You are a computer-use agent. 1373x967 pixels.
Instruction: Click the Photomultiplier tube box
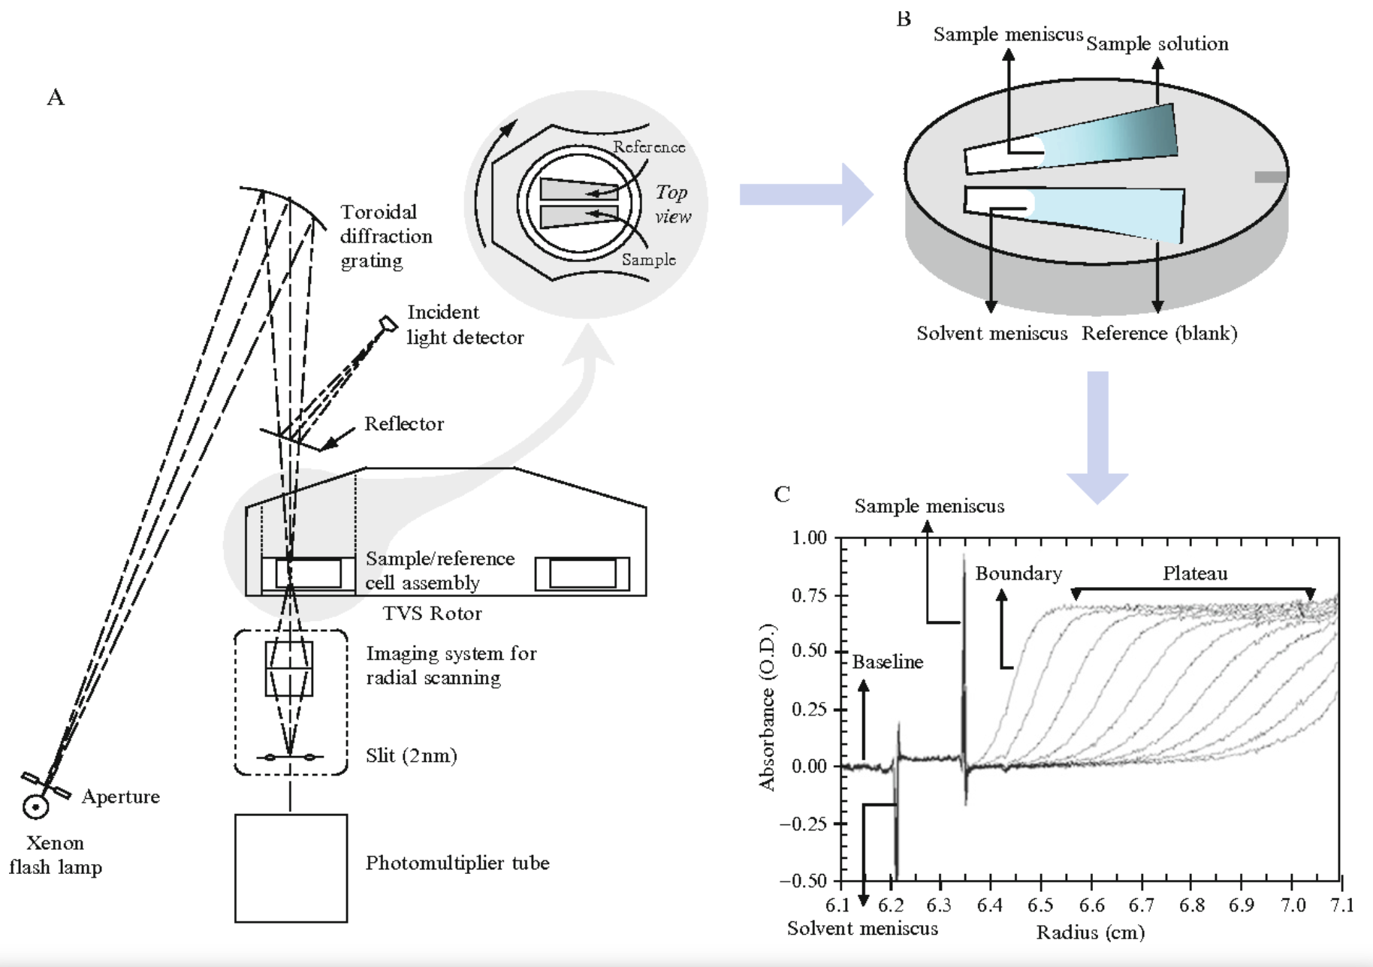tap(291, 868)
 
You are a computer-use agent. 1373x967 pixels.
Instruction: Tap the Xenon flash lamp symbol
tap(35, 806)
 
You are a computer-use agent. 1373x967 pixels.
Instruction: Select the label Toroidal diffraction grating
tap(385, 236)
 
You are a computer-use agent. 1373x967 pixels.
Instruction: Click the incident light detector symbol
tap(388, 324)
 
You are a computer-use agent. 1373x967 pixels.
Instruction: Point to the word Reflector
tap(404, 424)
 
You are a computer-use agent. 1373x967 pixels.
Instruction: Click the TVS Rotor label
tap(432, 613)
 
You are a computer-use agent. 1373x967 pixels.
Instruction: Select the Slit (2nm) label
tap(411, 755)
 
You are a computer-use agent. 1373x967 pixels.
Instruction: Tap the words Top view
tap(672, 204)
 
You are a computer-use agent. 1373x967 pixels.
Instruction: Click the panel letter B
tap(904, 19)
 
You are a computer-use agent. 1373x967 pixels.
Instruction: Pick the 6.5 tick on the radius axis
tap(1040, 905)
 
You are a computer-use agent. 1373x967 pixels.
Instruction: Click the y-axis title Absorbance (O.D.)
tap(767, 707)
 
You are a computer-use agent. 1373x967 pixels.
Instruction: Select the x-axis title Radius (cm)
tap(1090, 932)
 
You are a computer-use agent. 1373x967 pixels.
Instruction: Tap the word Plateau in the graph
tap(1194, 574)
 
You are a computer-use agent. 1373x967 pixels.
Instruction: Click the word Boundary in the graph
tap(1018, 574)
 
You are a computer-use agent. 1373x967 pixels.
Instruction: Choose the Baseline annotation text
tap(887, 662)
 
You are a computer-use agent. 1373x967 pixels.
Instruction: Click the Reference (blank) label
tap(1159, 333)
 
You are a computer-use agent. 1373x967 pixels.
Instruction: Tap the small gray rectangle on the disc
tap(1269, 177)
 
